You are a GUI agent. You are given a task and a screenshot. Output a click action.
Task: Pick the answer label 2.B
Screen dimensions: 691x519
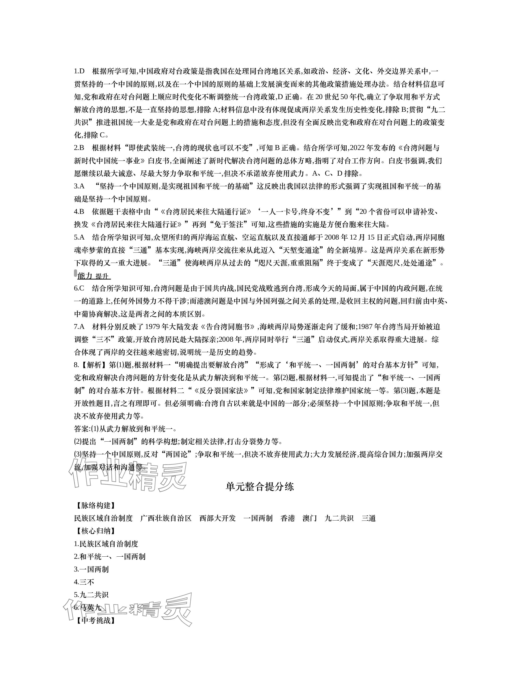tap(79, 148)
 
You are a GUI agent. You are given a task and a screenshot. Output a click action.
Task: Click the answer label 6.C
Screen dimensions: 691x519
tap(79, 288)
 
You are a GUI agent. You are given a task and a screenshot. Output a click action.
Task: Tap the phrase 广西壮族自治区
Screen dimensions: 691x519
tap(166, 518)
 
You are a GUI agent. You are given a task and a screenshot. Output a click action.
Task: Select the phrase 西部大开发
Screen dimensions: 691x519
tap(217, 518)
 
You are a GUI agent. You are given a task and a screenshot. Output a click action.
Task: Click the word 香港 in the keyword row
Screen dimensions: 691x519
tap(288, 518)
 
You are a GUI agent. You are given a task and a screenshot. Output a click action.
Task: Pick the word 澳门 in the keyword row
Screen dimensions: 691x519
tap(310, 518)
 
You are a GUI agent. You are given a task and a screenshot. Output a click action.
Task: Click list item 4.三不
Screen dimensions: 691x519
tap(84, 582)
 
